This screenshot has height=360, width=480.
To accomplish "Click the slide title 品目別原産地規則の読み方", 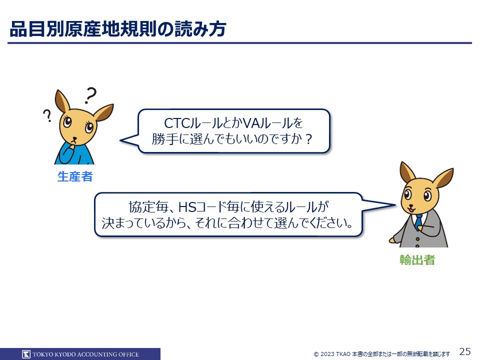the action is click(118, 29).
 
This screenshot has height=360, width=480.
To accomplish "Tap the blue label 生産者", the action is click(75, 176).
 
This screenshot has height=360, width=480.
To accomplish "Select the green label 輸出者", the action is click(417, 260).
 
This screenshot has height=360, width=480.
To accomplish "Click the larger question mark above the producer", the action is click(90, 95).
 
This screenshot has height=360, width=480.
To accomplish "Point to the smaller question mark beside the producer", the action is click(47, 115).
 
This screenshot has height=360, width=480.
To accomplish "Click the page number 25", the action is click(465, 351).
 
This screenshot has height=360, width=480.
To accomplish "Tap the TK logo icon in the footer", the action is click(26, 354).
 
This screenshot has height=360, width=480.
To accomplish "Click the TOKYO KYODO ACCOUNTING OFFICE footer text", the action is click(85, 354).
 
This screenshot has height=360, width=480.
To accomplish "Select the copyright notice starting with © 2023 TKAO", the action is click(382, 354).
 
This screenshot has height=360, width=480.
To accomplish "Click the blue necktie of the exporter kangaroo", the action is click(418, 221).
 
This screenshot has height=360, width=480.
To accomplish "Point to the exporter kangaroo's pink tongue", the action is click(410, 210).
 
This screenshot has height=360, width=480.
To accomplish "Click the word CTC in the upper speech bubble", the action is click(177, 123).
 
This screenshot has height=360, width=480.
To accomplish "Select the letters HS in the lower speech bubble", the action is click(187, 207).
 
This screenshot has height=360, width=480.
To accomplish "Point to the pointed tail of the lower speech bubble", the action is click(395, 205).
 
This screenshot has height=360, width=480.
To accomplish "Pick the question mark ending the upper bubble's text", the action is click(308, 139).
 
